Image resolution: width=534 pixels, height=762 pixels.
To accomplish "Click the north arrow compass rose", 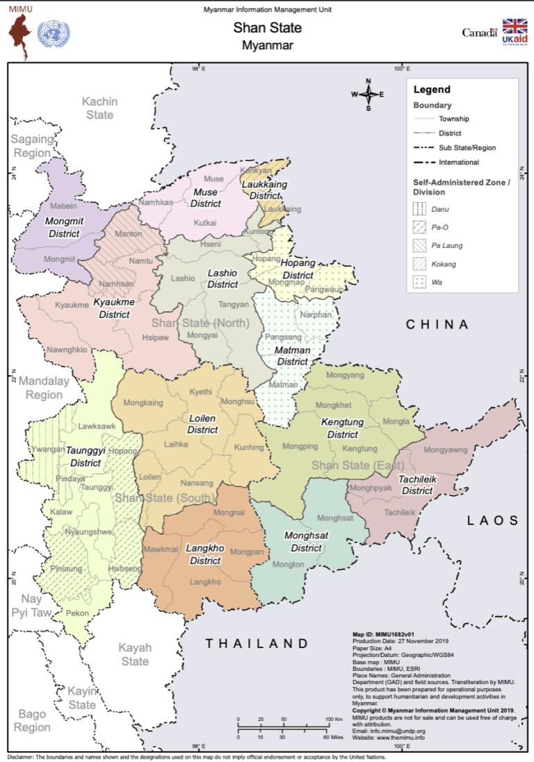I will point(369,94).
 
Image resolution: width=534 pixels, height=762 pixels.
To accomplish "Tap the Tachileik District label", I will point(416,485).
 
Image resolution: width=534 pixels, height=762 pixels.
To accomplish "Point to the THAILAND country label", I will point(257,644).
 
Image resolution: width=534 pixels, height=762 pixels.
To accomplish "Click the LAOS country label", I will point(493,520).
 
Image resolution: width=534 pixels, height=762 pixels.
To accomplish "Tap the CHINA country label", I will point(437,324).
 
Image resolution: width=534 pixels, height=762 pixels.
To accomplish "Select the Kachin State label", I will point(99,108).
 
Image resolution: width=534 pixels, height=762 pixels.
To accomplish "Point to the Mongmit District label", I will point(64,227).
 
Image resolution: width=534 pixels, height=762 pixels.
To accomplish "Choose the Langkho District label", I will point(205,554).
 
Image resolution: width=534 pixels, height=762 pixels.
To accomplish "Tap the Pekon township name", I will point(78,613).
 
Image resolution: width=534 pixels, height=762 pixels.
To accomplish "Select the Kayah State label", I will point(135,654).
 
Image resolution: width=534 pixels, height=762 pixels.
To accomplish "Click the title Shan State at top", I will point(267,28).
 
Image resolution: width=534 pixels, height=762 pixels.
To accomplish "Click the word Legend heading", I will point(432,90).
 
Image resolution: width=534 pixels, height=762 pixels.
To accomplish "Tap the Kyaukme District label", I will point(114,308).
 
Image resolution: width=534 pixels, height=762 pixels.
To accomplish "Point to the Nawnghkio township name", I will point(67,349).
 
